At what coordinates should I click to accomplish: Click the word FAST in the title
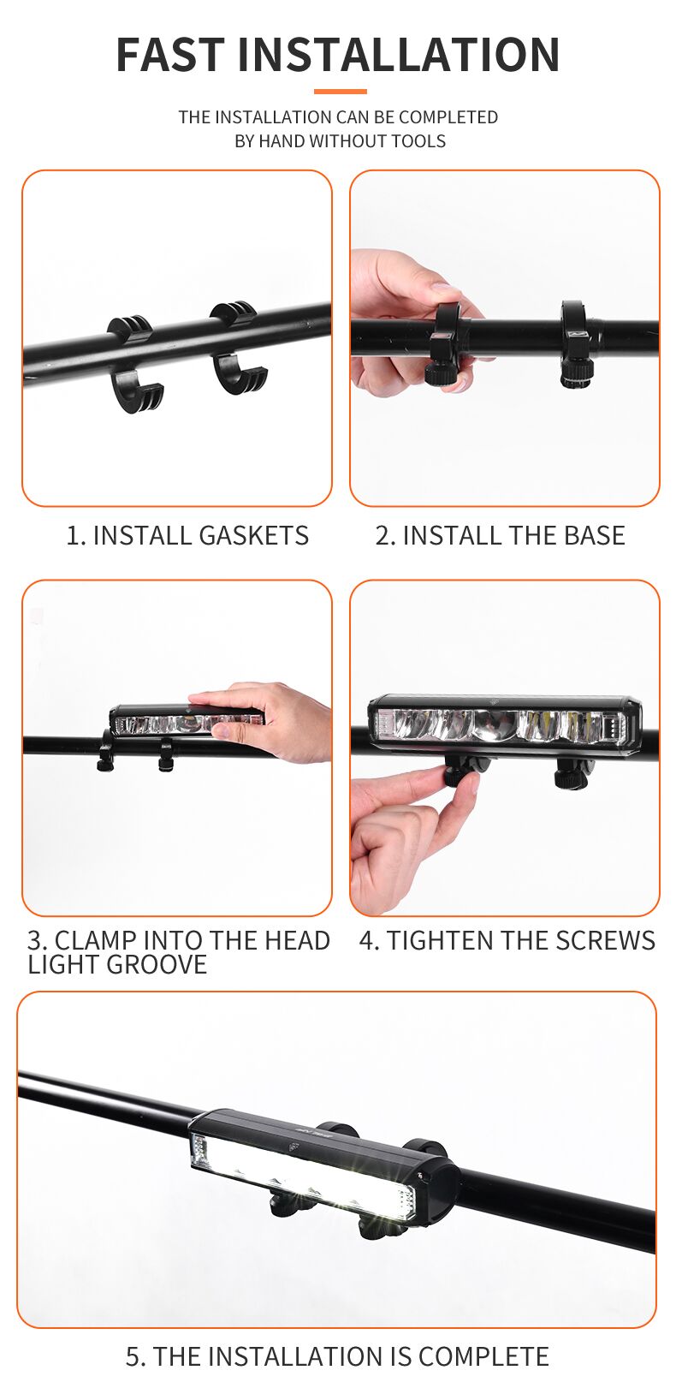point(170,55)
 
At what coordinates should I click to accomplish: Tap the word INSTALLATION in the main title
point(398,55)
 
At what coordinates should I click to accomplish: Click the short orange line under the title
point(340,92)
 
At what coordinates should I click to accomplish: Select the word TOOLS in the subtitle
point(418,141)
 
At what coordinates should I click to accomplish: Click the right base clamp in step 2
point(577,343)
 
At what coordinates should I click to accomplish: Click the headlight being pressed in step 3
point(187,722)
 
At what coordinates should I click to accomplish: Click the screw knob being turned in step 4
point(460,773)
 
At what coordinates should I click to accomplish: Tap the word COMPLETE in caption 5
point(483,1357)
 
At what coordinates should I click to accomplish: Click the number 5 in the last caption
point(133,1357)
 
